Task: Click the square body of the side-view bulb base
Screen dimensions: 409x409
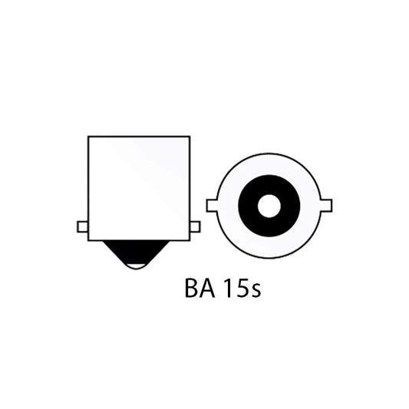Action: (x=139, y=186)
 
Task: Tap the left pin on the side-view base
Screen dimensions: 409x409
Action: (x=83, y=226)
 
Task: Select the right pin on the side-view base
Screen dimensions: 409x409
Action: (x=194, y=226)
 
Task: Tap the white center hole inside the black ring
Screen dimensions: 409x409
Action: (x=269, y=206)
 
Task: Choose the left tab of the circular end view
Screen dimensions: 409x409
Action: (x=213, y=205)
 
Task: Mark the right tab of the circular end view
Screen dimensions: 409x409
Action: (x=325, y=205)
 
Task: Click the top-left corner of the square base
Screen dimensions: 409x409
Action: (x=89, y=137)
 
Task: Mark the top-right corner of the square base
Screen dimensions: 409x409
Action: (x=189, y=137)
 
